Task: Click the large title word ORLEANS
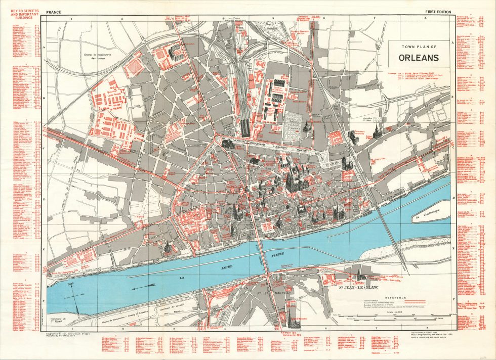pos(418,58)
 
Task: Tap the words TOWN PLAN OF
pos(418,47)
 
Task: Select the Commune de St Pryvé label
pos(60,321)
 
